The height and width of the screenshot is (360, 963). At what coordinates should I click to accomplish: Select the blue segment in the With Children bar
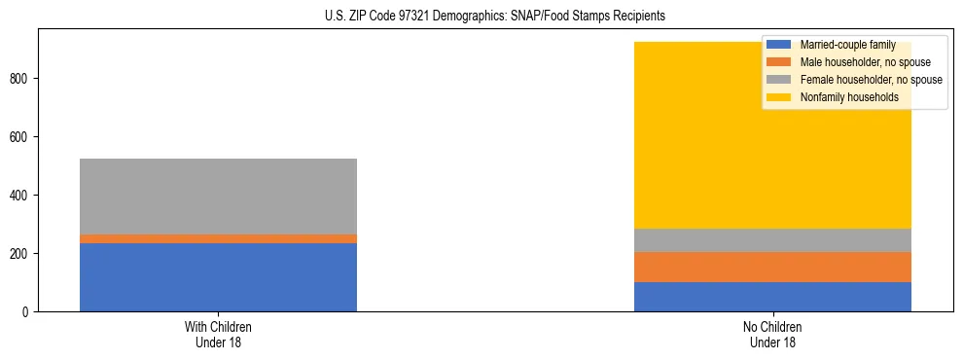coord(218,277)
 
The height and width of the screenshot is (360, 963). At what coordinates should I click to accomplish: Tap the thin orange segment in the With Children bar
coord(218,238)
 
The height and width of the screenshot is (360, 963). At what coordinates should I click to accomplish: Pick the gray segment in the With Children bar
coord(218,196)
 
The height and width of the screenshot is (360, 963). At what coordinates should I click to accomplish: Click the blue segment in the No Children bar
coord(772,297)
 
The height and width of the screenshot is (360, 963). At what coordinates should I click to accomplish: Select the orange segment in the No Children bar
coord(772,267)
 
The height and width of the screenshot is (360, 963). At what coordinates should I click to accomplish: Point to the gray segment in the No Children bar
coord(772,240)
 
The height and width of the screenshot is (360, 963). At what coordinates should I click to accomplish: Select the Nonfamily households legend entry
coord(849,97)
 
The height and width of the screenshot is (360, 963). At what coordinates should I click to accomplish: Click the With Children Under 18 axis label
coord(218,334)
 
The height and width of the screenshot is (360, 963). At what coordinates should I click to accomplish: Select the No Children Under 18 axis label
coord(772,334)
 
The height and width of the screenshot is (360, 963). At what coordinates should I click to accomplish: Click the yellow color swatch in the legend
coord(779,97)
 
